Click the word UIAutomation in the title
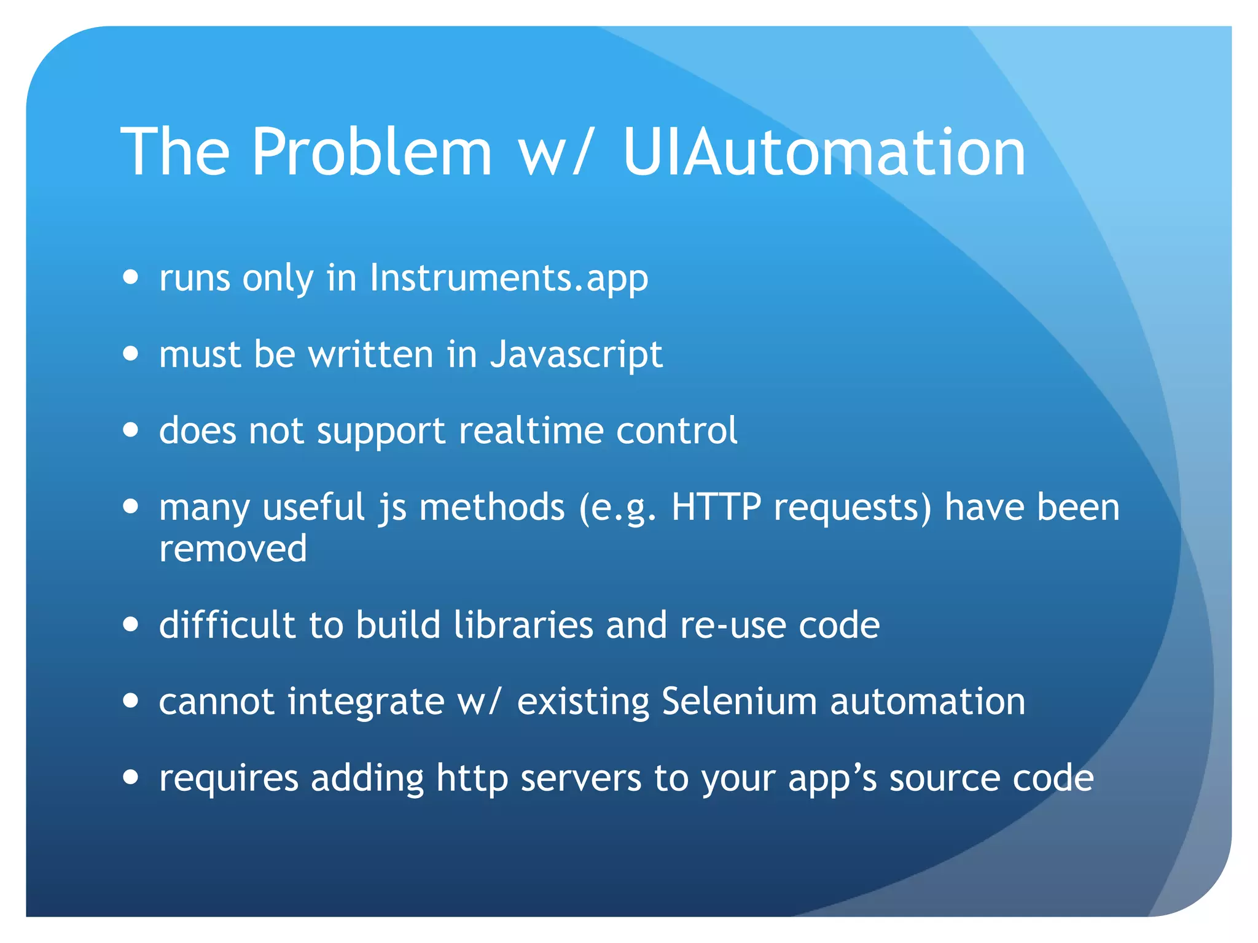coord(824,152)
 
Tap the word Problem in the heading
coord(371,152)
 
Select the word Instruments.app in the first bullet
coord(509,278)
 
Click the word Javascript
coord(576,355)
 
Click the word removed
coord(233,548)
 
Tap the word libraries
coord(524,625)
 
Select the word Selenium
coord(739,701)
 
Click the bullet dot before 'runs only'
coord(130,277)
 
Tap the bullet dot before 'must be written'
coord(130,354)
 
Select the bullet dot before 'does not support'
coord(130,430)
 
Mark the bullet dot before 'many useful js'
coord(130,506)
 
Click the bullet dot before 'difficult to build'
coord(130,624)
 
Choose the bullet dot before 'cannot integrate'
coord(130,700)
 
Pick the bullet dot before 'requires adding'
coord(130,777)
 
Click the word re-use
coord(733,625)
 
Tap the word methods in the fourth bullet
coord(491,507)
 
